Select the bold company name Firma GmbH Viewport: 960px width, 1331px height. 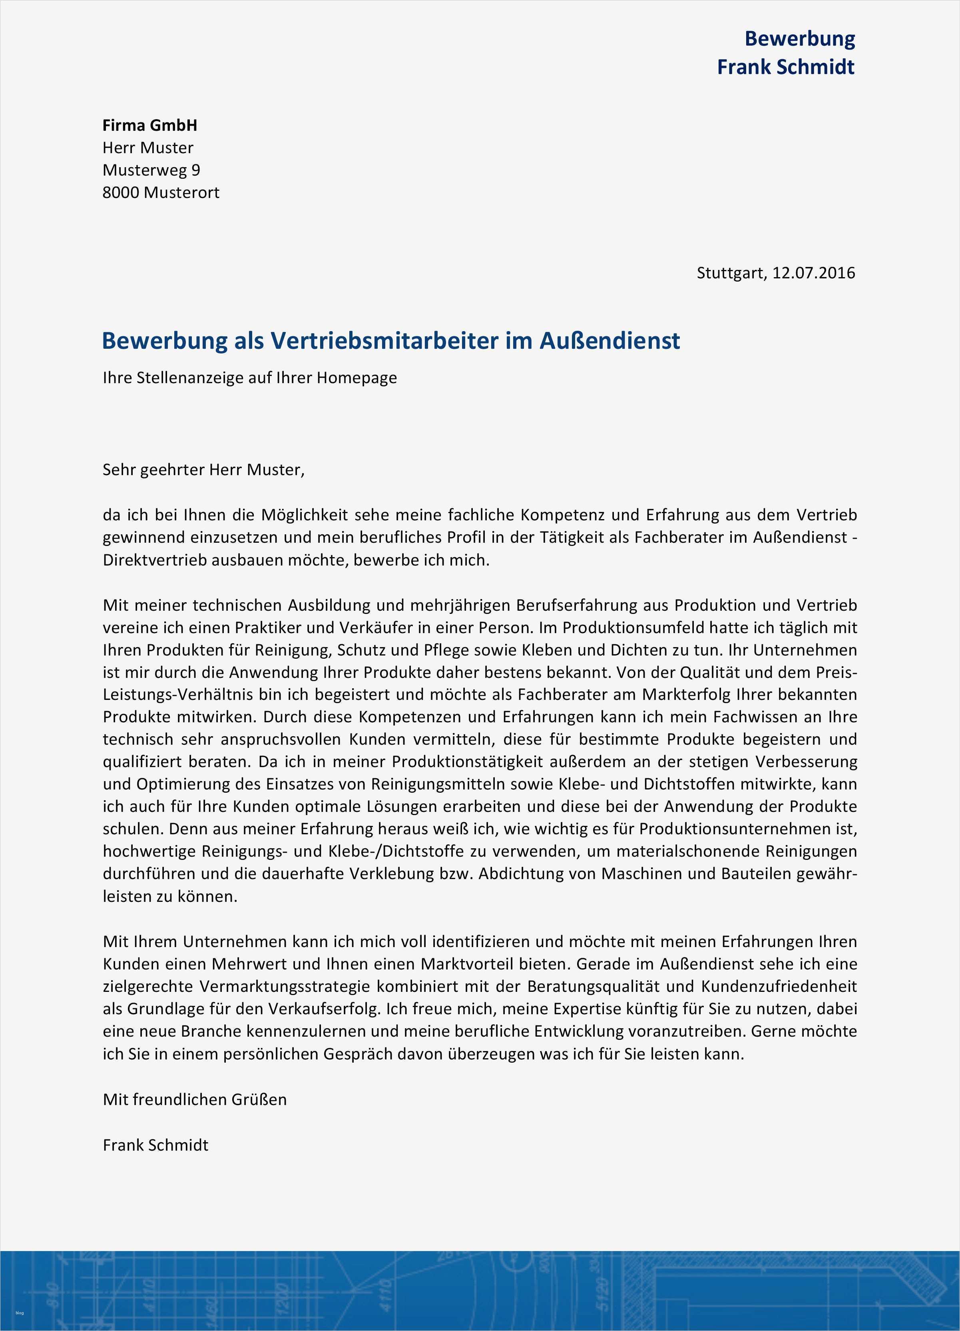149,125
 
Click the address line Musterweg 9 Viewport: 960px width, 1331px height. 151,170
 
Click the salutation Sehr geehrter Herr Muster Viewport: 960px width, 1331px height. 203,470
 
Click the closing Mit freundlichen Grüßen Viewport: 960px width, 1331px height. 195,1099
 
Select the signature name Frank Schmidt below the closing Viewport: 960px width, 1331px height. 155,1145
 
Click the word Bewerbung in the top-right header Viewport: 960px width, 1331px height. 799,39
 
